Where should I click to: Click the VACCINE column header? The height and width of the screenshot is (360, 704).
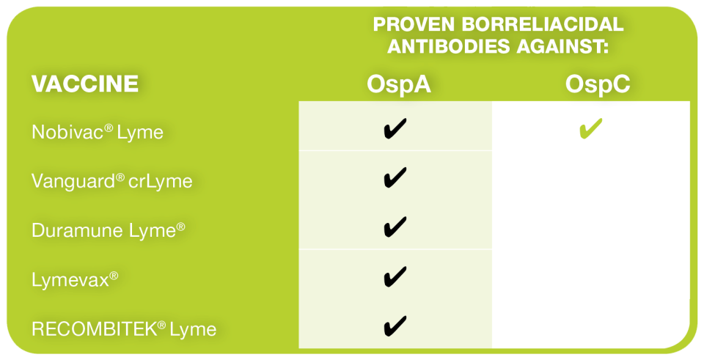coord(85,84)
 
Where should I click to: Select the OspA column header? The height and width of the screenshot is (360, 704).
coord(399,84)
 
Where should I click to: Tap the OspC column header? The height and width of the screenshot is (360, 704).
coord(598,84)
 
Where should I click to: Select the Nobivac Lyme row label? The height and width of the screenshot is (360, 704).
coord(98,133)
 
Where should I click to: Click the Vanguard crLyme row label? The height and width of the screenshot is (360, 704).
coord(112,181)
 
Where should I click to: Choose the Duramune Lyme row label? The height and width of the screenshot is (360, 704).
coord(109,231)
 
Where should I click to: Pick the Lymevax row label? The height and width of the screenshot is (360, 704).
coord(75,280)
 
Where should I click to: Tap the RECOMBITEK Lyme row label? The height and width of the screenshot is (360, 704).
coord(125,329)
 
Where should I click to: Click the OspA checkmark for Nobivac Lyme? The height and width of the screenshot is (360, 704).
coord(395,128)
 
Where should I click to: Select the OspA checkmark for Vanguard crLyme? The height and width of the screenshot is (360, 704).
coord(395,177)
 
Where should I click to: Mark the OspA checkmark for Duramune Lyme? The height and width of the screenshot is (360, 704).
coord(395,227)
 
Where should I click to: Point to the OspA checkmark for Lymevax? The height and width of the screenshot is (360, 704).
coord(395,276)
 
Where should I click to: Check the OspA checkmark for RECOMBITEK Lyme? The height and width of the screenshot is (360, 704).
coord(395,326)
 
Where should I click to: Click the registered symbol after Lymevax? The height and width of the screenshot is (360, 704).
coord(114,275)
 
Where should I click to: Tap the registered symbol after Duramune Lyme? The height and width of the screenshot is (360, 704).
coord(180,227)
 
